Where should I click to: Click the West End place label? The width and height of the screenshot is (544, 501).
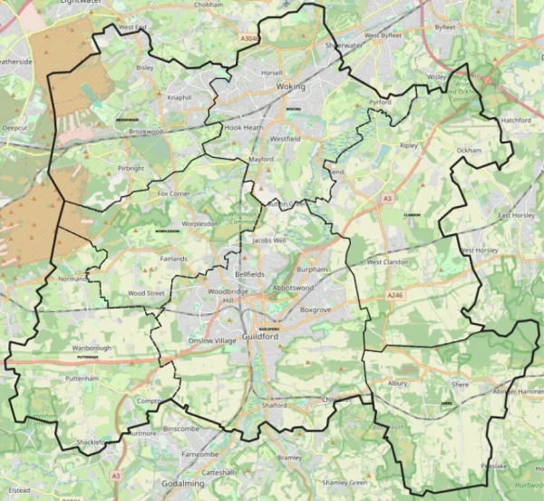tap(131, 28)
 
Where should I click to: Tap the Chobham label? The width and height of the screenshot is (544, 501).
tap(209, 5)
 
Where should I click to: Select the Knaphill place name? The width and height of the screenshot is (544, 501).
tap(179, 97)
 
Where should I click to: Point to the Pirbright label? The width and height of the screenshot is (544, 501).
tap(131, 168)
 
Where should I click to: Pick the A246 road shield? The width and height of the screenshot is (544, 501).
tap(393, 296)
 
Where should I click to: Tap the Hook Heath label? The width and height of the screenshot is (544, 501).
tap(242, 129)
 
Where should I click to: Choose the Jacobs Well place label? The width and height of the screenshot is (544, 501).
tap(268, 241)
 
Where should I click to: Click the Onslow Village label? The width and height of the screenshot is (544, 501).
tap(211, 340)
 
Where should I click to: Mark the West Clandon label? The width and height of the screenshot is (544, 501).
tap(388, 262)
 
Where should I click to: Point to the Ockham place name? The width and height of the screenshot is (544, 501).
tap(469, 150)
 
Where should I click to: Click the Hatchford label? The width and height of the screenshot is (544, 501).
tap(516, 121)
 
